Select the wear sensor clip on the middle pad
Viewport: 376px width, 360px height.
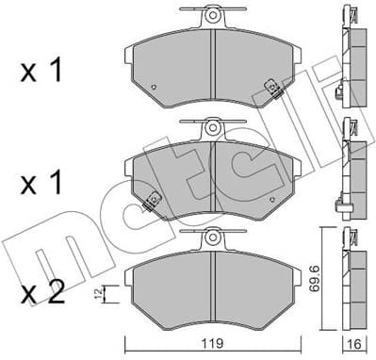click(150, 200)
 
